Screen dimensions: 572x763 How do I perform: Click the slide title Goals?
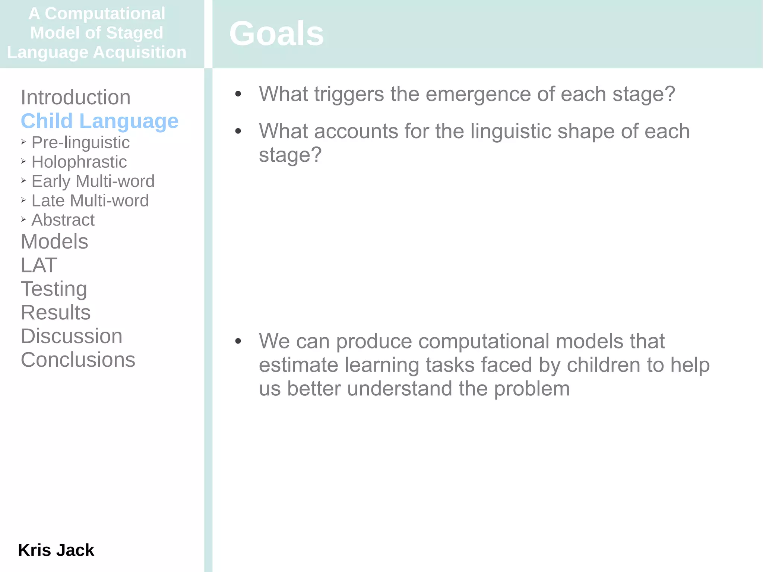[276, 34]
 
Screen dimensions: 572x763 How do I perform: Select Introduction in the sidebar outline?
[76, 98]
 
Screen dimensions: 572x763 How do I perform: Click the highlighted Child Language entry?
[99, 121]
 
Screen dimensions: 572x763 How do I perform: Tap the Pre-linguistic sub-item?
[80, 143]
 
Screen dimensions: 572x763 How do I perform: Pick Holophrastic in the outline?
[79, 162]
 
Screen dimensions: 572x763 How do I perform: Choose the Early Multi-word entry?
[93, 181]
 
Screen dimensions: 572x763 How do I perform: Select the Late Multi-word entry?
[90, 201]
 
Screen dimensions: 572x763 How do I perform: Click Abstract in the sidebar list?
[63, 220]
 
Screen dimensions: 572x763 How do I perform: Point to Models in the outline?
[54, 242]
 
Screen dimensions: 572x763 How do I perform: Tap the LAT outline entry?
[39, 265]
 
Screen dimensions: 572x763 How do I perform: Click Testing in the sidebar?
[54, 289]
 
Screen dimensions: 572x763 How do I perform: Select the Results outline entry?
[56, 313]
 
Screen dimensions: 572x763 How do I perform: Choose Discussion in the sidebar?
[72, 336]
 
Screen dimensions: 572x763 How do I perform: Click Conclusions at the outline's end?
[78, 360]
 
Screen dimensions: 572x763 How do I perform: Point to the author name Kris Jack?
[56, 550]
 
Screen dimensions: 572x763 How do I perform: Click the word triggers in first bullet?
[349, 94]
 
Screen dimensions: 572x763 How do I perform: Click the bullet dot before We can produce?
[238, 341]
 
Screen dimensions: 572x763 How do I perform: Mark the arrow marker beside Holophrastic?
[23, 161]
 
